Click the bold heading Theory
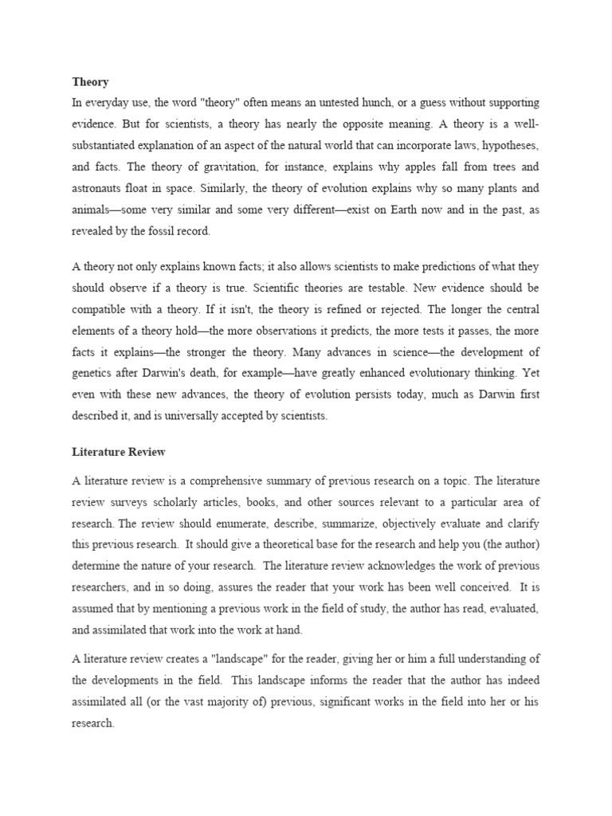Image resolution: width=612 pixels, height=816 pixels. click(x=90, y=82)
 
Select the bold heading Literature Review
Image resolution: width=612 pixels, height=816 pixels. click(x=119, y=452)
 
